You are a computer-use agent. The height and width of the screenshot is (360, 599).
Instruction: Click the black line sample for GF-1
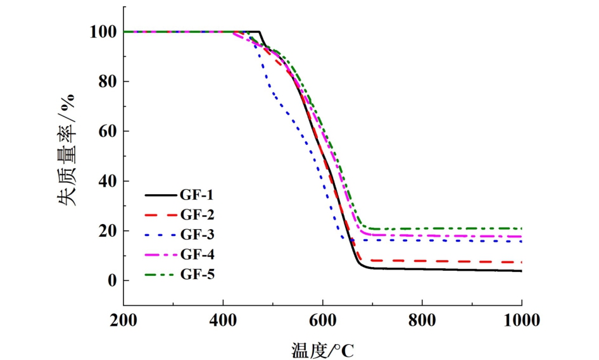pos(160,196)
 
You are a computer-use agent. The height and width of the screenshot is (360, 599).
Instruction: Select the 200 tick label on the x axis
pos(124,321)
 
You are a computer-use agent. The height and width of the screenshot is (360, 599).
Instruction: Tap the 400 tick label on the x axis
pos(224,321)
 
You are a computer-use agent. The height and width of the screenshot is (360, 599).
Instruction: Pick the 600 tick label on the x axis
pos(323,321)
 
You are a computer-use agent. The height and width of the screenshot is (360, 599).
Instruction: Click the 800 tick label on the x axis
pos(422,321)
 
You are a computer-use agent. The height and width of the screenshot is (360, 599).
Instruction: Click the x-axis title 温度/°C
pos(323,349)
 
